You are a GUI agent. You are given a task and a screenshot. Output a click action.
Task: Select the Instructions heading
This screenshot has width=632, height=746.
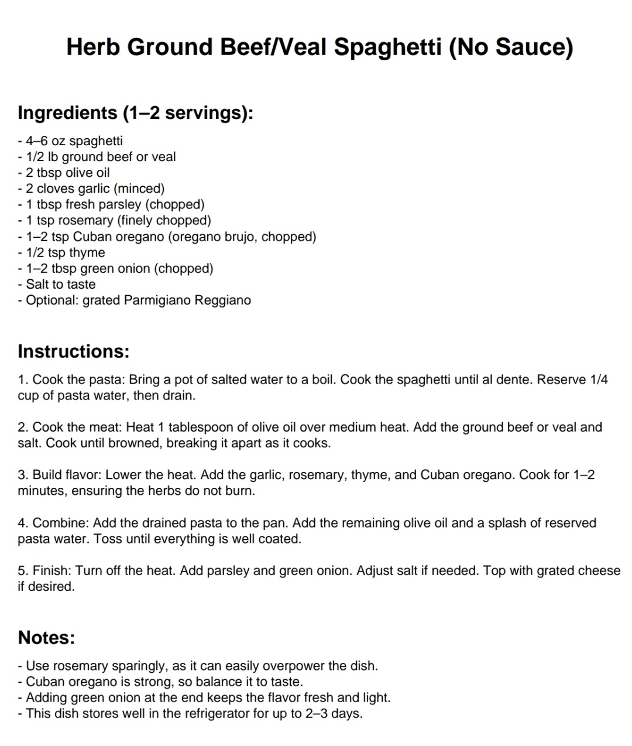pos(73,351)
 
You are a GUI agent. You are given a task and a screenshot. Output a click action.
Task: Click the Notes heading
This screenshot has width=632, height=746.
pos(47,637)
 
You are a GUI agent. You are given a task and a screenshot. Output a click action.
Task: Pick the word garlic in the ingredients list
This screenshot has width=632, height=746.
pos(95,189)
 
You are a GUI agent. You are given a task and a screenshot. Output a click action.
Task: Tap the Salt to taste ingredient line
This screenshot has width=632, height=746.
pos(60,285)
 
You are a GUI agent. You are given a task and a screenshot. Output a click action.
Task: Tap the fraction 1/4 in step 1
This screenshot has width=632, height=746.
pos(599,379)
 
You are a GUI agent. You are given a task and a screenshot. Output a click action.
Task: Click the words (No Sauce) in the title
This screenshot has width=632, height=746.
pos(511,47)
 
